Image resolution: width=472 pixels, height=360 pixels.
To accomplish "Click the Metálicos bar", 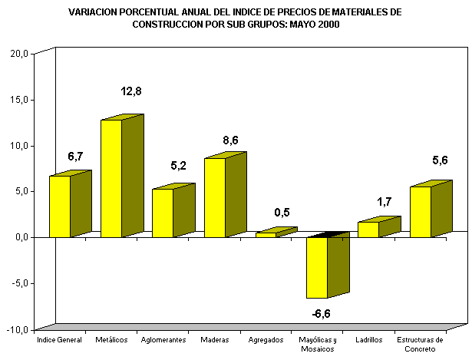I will tap(111, 178).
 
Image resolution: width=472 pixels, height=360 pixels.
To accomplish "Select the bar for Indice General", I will tap(60, 206).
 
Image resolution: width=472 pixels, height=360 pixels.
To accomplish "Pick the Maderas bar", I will tap(214, 197).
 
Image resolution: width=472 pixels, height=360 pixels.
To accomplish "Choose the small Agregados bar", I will tap(266, 234).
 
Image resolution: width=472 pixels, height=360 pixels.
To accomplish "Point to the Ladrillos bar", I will tap(368, 229).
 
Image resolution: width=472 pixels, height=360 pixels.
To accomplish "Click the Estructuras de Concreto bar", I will tap(420, 211).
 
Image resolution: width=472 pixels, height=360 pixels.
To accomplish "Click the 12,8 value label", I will tap(131, 91).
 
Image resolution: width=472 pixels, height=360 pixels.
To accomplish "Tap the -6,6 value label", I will tap(321, 312).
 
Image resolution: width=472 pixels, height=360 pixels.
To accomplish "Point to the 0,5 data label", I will tap(282, 213).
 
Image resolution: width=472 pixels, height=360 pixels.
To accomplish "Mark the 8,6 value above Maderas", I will tap(230, 140).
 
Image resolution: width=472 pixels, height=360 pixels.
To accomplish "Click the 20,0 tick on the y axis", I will tap(19, 54).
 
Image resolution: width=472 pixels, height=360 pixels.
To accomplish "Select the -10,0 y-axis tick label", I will tap(18, 329).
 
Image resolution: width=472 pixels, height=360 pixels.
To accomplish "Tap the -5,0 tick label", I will tap(19, 283).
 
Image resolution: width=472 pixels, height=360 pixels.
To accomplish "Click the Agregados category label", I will tap(266, 339).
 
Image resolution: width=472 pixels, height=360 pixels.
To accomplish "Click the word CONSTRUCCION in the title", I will tap(170, 24).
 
